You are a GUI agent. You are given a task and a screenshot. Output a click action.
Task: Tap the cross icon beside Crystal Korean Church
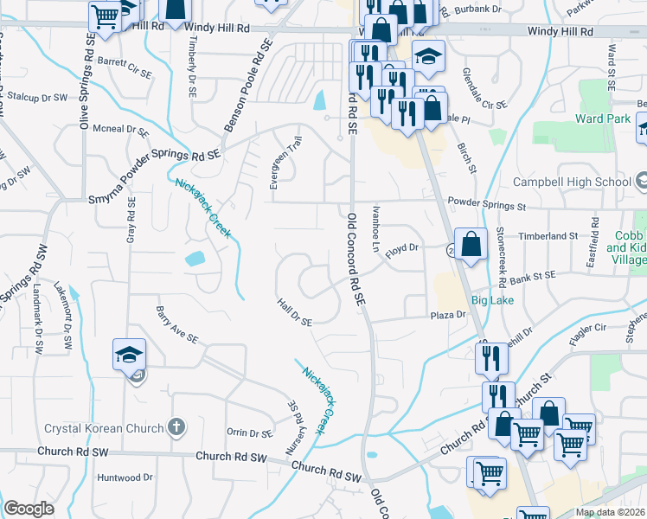[176, 427]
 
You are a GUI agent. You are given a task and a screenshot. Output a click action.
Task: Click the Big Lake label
[493, 301]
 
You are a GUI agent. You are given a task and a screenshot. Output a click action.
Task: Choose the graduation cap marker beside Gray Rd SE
[129, 355]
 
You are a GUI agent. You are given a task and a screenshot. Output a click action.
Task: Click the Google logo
[29, 508]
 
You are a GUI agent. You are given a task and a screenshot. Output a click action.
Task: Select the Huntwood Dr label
[125, 477]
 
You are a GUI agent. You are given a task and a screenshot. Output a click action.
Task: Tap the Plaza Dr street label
[449, 316]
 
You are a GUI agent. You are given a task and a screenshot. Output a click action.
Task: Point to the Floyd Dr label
[402, 248]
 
